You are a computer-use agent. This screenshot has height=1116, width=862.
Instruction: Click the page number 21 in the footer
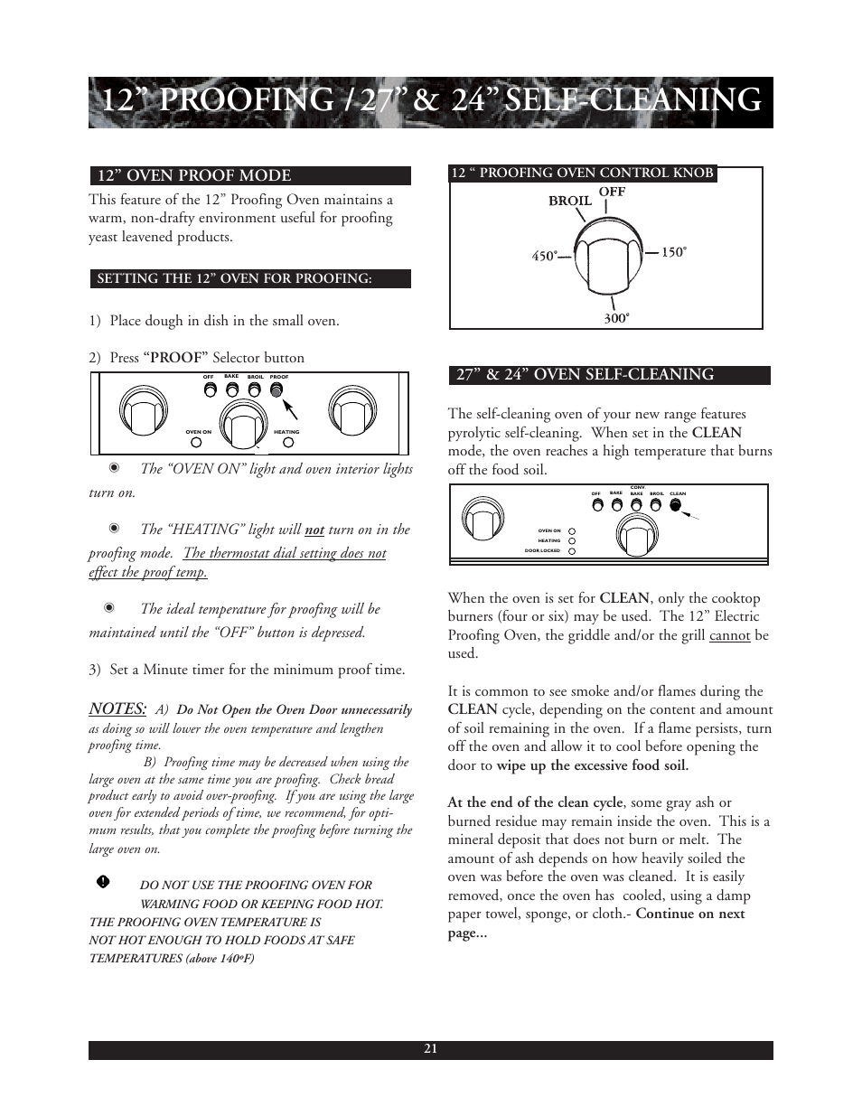tap(430, 1049)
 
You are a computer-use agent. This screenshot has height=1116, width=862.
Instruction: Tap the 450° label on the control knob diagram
tap(544, 256)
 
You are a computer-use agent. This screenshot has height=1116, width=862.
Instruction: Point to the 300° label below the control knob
tap(615, 318)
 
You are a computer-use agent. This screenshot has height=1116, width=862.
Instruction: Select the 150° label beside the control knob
tap(674, 253)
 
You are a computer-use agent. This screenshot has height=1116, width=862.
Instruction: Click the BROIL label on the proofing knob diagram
tap(569, 201)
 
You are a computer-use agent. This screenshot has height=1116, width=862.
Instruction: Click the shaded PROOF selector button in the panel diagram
tap(277, 389)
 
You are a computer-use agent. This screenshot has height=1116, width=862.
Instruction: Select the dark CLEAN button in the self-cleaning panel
tap(676, 505)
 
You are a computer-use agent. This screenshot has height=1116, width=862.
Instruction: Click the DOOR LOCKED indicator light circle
tap(572, 550)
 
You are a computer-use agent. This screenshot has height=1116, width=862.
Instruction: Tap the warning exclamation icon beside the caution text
tap(103, 881)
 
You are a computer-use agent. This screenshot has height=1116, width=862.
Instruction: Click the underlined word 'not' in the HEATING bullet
tap(314, 530)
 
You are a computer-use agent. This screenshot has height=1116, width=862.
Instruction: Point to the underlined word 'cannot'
tap(729, 635)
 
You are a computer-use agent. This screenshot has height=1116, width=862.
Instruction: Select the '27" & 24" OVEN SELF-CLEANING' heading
tap(585, 374)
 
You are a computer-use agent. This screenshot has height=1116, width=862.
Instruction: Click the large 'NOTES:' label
tap(117, 708)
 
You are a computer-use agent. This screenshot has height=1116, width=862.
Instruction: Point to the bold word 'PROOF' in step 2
tap(176, 358)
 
